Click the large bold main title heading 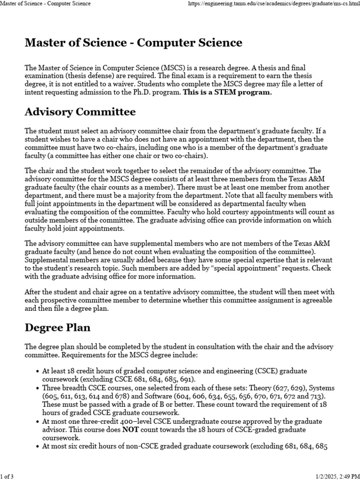coord(134,43)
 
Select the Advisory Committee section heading coord(80,112)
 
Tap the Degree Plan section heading coord(58,327)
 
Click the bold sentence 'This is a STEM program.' coord(227,92)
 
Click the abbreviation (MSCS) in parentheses coord(159,68)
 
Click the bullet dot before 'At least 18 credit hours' coord(37,371)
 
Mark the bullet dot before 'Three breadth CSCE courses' coord(37,388)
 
